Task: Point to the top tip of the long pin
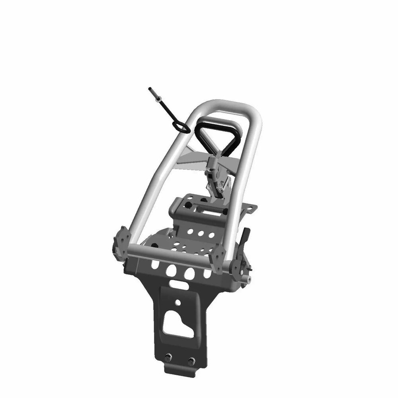coord(150,89)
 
